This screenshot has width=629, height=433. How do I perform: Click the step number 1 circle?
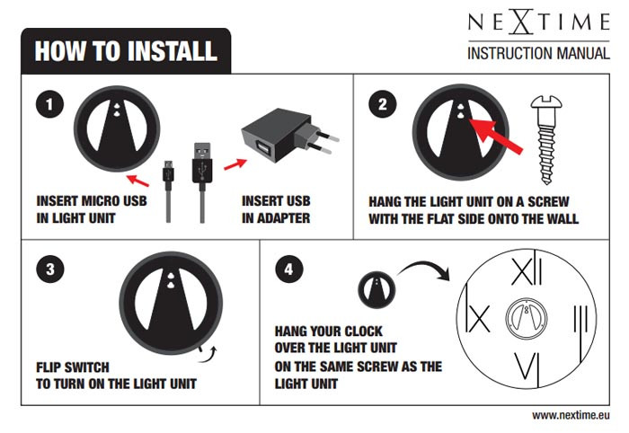tap(49, 104)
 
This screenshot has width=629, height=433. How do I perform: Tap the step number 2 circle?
tap(383, 104)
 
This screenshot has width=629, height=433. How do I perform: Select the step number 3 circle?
tap(50, 269)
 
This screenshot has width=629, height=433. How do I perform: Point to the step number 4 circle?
tap(289, 269)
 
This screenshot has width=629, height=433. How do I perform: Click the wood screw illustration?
tap(546, 139)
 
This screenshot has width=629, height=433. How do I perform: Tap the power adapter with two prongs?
tap(289, 135)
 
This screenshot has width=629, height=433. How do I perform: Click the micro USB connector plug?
tap(169, 175)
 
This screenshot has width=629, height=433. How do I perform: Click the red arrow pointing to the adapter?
tap(235, 164)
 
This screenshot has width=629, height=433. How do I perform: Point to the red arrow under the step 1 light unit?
tap(138, 181)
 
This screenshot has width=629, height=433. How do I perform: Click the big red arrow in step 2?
tap(495, 135)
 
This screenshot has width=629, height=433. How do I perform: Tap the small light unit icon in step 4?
tap(377, 290)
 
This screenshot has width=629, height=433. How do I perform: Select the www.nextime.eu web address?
tap(571, 416)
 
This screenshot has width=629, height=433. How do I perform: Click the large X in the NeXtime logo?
tap(521, 22)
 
